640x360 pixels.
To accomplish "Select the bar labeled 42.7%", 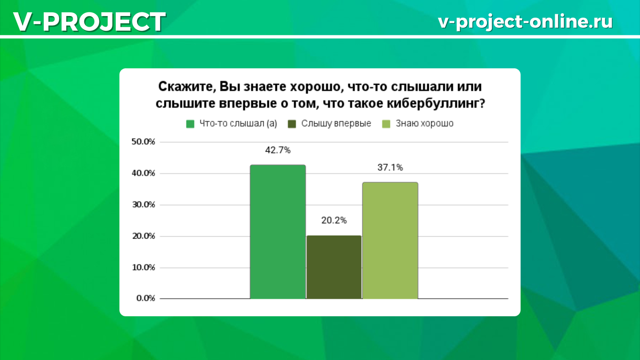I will (x=278, y=231).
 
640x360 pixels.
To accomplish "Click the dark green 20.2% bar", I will (x=334, y=267).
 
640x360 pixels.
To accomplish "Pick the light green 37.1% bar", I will (x=390, y=240).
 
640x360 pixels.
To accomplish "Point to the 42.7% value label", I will (x=278, y=150).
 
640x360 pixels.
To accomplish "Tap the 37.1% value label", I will (x=390, y=167).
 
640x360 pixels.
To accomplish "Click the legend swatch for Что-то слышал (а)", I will (x=190, y=124).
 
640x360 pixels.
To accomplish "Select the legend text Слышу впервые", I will (x=336, y=124).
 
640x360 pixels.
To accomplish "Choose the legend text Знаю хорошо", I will (x=425, y=124).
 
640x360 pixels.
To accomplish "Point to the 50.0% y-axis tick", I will (x=143, y=142).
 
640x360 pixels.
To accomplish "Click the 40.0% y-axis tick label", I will (x=143, y=173).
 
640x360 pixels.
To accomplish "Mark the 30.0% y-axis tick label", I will (x=143, y=205).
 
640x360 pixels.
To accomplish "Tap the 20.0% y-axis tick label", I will (x=143, y=236).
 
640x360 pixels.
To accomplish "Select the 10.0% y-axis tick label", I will (x=143, y=267).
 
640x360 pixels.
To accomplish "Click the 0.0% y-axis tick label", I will (x=145, y=299).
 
